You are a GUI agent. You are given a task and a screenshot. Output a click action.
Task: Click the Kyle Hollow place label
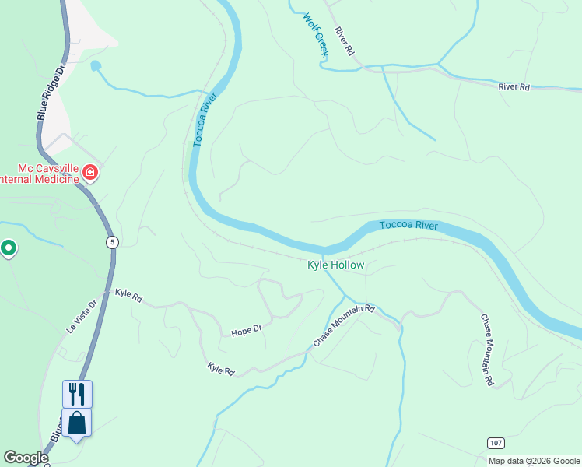tap(335, 265)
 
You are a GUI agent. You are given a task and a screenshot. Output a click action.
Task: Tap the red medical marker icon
tap(90, 171)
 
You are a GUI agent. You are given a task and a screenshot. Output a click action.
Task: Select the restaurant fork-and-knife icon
tap(77, 393)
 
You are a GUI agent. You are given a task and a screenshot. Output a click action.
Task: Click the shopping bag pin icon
tap(77, 423)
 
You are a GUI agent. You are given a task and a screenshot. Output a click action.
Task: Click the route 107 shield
tap(496, 443)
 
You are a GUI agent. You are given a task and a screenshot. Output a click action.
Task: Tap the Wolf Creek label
tap(317, 34)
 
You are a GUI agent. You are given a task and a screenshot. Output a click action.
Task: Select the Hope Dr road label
tap(247, 332)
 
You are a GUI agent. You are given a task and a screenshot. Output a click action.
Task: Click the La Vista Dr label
tap(82, 317)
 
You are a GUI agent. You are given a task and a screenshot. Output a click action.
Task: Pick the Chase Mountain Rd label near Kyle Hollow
tap(344, 326)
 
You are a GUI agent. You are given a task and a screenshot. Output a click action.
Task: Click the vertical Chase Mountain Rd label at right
tap(487, 350)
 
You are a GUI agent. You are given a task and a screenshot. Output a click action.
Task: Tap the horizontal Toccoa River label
tap(409, 226)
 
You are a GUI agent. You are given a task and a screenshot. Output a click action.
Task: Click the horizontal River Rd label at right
tap(514, 87)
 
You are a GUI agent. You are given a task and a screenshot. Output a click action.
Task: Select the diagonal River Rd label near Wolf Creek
tap(344, 41)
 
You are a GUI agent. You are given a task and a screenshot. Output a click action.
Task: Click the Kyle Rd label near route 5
tap(128, 295)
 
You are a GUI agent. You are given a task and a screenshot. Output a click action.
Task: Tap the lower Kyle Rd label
tap(221, 368)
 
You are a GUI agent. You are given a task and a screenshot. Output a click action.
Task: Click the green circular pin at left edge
tap(9, 248)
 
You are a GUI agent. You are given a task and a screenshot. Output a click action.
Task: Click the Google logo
tap(26, 458)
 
